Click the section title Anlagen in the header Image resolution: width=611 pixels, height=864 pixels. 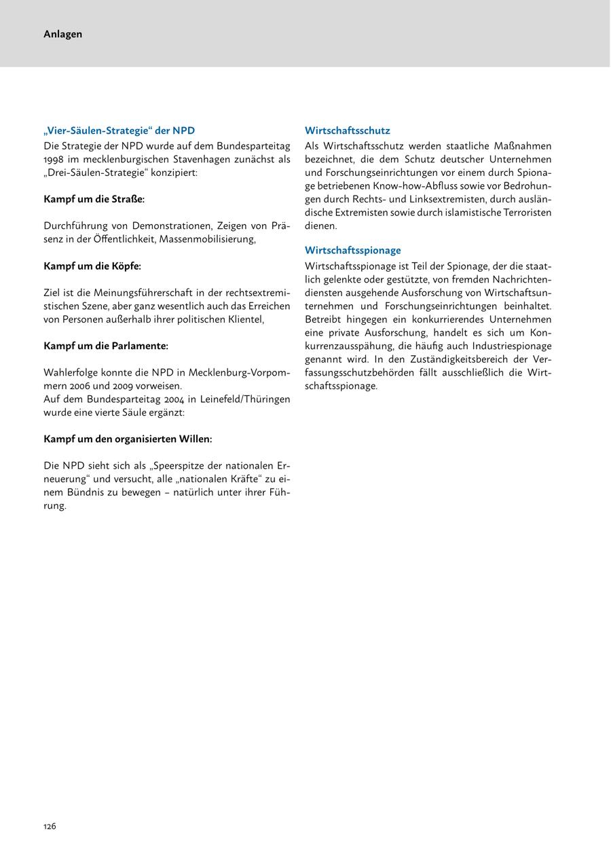(x=62, y=34)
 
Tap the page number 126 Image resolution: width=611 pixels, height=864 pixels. (x=50, y=826)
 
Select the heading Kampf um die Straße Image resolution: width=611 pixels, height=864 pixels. (x=94, y=199)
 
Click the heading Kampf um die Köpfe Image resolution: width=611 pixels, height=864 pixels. (x=92, y=266)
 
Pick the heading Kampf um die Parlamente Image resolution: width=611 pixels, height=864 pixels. (x=105, y=346)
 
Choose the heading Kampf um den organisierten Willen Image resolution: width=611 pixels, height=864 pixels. (x=128, y=439)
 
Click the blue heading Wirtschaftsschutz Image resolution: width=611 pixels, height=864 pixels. (x=347, y=130)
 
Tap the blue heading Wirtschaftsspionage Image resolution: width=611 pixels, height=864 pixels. (x=352, y=250)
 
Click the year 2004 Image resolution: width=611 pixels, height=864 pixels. (x=176, y=399)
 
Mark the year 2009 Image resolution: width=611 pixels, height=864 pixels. (x=130, y=386)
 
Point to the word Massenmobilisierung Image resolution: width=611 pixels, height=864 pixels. (x=207, y=239)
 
